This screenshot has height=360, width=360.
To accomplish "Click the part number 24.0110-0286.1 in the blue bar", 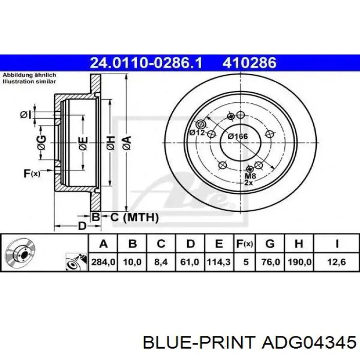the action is pyautogui.click(x=146, y=63).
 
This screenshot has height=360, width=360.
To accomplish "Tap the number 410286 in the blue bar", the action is pyautogui.click(x=249, y=63).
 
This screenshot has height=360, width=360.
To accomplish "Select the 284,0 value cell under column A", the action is pyautogui.click(x=103, y=262).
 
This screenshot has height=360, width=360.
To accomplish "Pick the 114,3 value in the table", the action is pyautogui.click(x=219, y=262).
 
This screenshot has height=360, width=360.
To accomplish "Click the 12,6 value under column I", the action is pyautogui.click(x=336, y=262).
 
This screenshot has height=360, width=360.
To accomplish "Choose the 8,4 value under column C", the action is pyautogui.click(x=161, y=262).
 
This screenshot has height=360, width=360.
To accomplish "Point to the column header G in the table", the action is pyautogui.click(x=270, y=243).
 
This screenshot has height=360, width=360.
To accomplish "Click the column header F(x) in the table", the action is pyautogui.click(x=245, y=243).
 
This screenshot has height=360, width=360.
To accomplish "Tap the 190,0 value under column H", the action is pyautogui.click(x=299, y=262).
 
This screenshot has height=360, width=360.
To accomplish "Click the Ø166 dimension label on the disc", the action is pyautogui.click(x=238, y=136).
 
